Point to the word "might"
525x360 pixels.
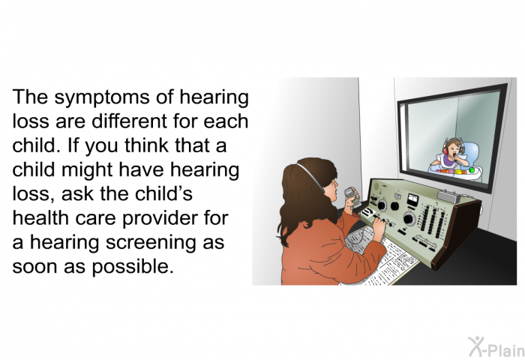click(88, 170)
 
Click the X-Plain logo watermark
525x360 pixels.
click(496, 347)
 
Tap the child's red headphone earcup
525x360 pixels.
click(445, 150)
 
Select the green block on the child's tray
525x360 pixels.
click(472, 169)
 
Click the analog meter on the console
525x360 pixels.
click(412, 200)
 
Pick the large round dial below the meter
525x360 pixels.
click(409, 219)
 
